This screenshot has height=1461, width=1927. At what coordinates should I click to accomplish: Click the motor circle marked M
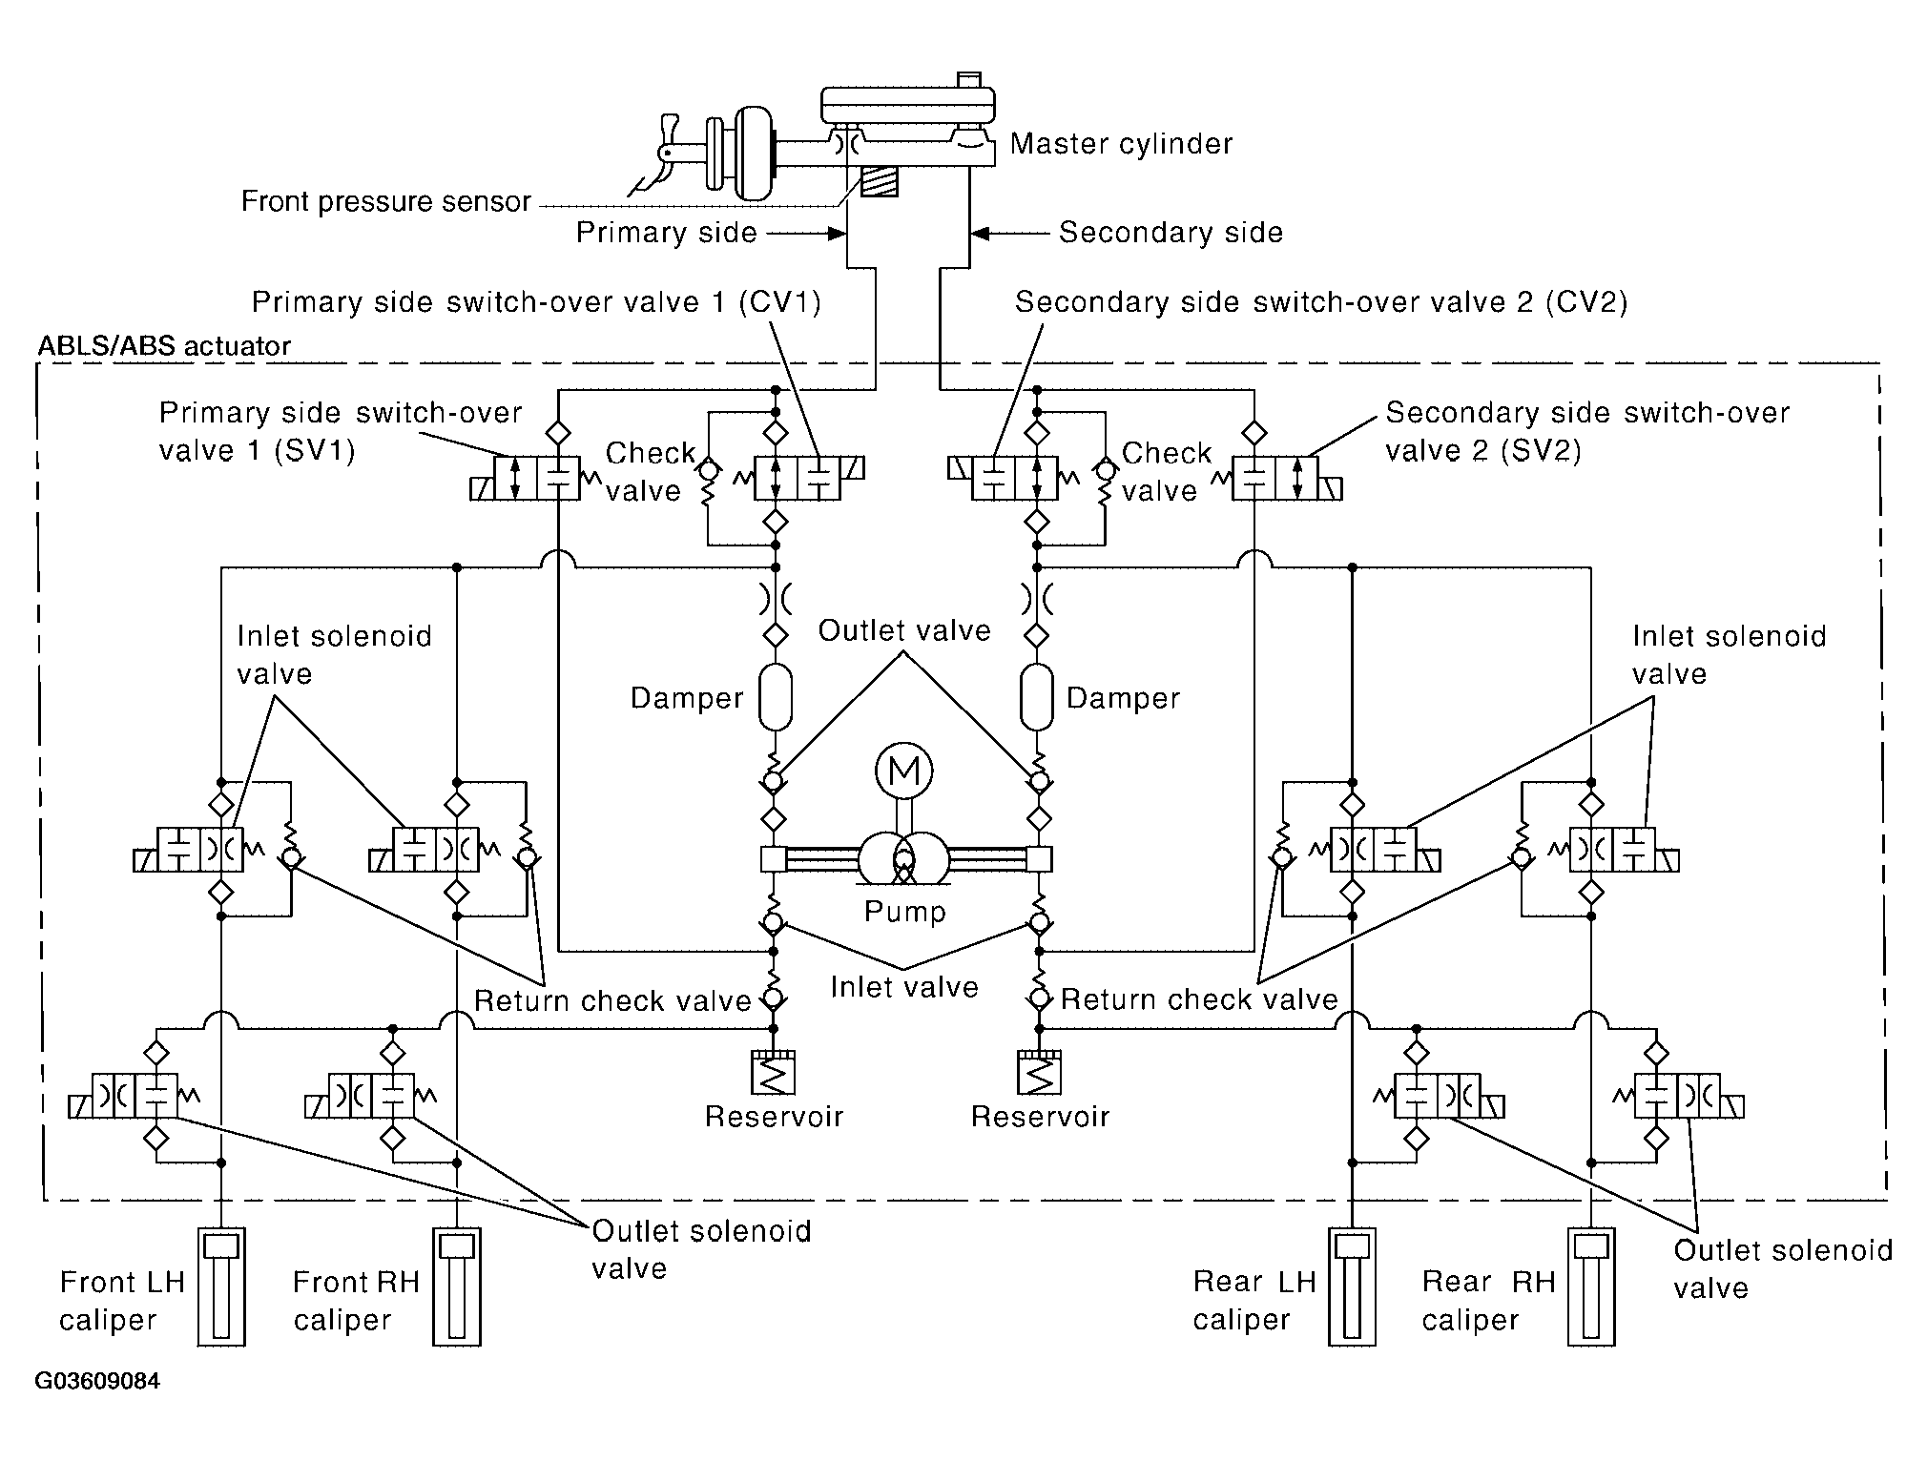(903, 771)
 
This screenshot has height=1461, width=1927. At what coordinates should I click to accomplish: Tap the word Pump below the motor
(904, 912)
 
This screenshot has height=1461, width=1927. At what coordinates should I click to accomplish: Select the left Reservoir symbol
(774, 1073)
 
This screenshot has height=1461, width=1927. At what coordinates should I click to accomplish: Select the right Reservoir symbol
(1039, 1073)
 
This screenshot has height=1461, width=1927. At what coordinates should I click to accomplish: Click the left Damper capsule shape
(776, 697)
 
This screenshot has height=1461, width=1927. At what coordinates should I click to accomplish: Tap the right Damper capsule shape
(1036, 697)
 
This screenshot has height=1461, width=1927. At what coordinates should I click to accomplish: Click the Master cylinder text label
(1121, 144)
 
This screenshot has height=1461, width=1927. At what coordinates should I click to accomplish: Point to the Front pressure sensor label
(385, 201)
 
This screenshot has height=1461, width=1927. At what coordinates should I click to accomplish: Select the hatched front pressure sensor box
(879, 181)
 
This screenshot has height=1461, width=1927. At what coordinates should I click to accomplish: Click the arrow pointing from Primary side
(807, 233)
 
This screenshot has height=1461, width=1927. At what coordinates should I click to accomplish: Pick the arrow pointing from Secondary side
(1009, 233)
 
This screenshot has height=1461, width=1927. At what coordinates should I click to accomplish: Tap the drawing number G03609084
(97, 1382)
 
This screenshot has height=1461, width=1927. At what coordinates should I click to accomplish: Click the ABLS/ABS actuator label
(164, 345)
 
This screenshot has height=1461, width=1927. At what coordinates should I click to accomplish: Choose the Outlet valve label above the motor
(904, 630)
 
